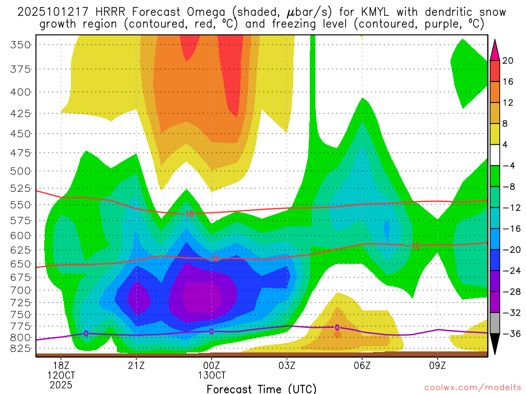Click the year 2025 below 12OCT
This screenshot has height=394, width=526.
[x=61, y=384]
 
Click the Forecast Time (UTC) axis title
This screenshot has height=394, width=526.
[x=261, y=388]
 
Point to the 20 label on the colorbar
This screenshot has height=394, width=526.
[x=508, y=61]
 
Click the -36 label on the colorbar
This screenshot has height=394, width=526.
[x=510, y=334]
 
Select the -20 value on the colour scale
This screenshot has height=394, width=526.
[x=510, y=250]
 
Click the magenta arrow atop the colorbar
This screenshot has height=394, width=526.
[x=495, y=50]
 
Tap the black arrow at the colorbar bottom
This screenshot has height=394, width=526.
[x=495, y=345]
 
